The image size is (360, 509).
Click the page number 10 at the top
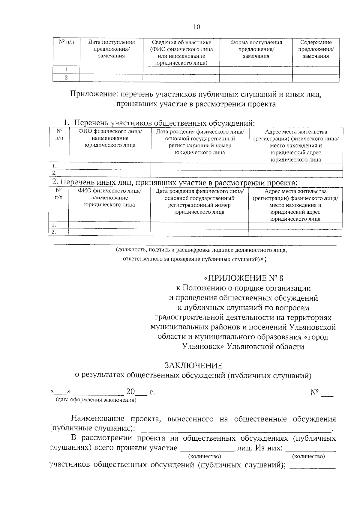point(196,27)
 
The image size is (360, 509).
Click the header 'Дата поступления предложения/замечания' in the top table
point(111,49)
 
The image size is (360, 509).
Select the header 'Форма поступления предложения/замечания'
point(256,49)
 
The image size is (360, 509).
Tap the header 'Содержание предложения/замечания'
point(316,49)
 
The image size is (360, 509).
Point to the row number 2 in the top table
point(66,78)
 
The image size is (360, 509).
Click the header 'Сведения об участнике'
point(181,43)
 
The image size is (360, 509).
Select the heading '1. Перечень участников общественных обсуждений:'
point(159,123)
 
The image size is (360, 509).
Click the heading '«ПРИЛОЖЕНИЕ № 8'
point(244,278)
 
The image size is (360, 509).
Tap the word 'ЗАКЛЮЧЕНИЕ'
point(193,365)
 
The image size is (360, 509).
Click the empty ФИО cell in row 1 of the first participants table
point(110,166)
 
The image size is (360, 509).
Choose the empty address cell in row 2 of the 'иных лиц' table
point(295,232)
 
